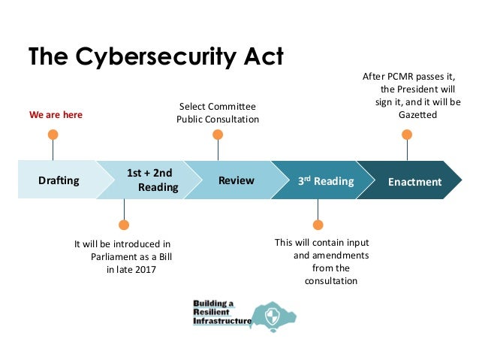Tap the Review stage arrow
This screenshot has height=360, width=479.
[236, 180]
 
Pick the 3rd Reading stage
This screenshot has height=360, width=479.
[324, 180]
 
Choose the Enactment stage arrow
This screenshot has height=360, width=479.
[414, 181]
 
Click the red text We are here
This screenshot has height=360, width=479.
[56, 115]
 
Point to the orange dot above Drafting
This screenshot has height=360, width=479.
[53, 135]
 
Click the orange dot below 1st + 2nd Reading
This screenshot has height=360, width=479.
[124, 224]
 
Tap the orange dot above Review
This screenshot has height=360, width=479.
[218, 135]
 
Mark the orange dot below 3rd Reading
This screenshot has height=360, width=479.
[318, 224]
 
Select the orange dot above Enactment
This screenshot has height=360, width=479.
[407, 135]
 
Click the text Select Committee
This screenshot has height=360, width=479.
[217, 106]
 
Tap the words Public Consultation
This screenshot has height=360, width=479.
[218, 119]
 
